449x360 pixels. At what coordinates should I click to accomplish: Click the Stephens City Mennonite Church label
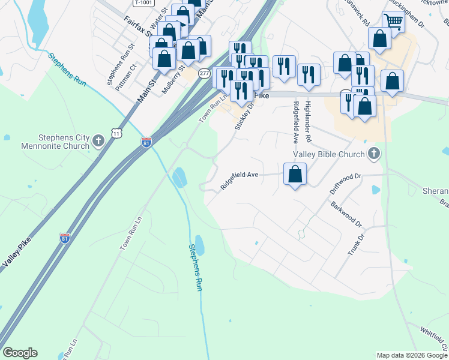pos(50,142)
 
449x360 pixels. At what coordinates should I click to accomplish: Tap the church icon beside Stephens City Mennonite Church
pos(99,142)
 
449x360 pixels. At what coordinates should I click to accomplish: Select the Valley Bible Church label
pos(328,154)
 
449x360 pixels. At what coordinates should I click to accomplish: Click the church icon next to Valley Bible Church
pos(373,154)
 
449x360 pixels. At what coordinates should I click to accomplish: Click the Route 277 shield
pos(205,73)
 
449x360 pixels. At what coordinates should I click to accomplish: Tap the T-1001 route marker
pos(143,2)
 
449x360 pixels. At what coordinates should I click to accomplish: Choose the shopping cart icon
pos(393,22)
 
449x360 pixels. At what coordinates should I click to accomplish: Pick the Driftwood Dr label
pos(346,183)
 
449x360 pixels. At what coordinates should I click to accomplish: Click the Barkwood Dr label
pos(346,214)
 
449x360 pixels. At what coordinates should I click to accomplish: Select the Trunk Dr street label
pos(356,244)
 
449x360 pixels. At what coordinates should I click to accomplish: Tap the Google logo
pos(20,353)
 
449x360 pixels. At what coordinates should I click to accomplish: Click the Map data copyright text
pos(412,355)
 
